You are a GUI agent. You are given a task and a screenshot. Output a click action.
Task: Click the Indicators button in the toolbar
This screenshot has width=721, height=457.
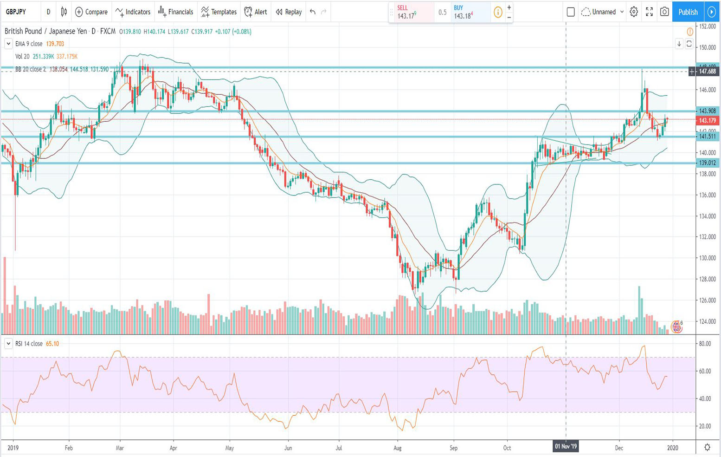point(133,12)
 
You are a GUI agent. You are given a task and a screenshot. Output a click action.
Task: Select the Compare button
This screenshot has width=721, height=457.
point(91,12)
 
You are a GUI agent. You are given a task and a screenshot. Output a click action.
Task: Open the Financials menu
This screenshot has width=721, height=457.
point(176,12)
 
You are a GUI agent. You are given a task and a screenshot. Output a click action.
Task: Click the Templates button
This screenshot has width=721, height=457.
point(219,12)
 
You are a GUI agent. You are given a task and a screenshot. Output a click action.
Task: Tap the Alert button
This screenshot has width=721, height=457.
point(256,12)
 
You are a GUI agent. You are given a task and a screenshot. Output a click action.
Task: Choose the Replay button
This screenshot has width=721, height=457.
point(289,12)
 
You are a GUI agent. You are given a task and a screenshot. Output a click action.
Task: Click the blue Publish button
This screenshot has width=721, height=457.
point(688,12)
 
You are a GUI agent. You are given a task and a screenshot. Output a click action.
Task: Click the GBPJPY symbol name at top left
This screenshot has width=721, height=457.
point(16,12)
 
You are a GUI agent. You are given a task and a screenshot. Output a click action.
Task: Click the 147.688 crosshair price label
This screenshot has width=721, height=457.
point(708,72)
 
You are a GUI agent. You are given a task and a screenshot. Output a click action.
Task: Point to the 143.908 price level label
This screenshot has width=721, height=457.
point(708,111)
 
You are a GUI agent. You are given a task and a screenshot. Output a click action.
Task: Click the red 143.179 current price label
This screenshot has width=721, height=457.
point(708,120)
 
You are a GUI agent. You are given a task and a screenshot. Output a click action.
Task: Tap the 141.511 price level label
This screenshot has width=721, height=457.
point(708,137)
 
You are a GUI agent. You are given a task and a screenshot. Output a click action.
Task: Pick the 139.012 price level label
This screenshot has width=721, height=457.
point(708,163)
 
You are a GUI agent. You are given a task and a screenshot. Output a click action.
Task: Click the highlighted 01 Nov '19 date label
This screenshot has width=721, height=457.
point(566,447)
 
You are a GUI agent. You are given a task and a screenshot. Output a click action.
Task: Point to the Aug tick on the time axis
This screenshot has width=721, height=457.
point(397,448)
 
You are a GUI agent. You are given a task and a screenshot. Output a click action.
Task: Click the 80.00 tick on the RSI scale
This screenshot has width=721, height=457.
point(705,344)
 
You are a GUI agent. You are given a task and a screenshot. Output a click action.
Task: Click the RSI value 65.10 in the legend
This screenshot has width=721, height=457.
point(52,344)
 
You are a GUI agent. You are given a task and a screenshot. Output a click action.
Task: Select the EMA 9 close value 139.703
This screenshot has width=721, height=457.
point(55,44)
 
